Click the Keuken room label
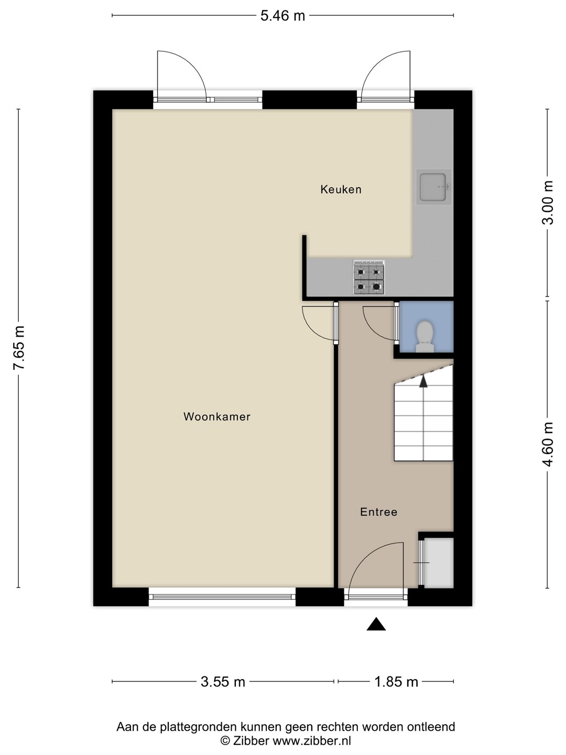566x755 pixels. (x=341, y=189)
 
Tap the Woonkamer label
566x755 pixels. (x=217, y=416)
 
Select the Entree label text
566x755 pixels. (x=378, y=512)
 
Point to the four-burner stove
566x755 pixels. (x=368, y=277)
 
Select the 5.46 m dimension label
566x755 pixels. (x=282, y=16)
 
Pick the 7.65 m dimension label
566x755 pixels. (x=18, y=348)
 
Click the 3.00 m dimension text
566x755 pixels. (x=548, y=202)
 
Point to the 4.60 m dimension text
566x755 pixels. (x=548, y=445)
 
